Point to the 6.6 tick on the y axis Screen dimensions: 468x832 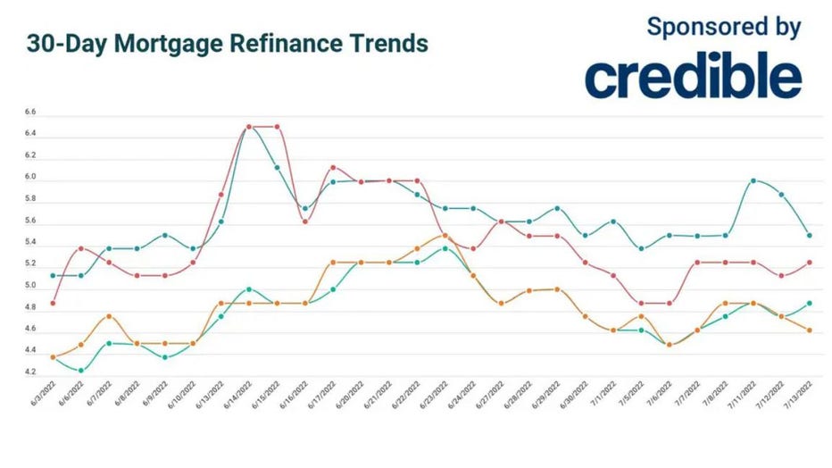pyautogui.click(x=30, y=113)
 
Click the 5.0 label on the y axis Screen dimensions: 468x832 pyautogui.click(x=30, y=286)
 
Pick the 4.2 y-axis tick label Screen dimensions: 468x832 pyautogui.click(x=30, y=372)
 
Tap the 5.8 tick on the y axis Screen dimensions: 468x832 pyautogui.click(x=30, y=199)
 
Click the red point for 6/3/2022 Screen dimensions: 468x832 pyautogui.click(x=53, y=303)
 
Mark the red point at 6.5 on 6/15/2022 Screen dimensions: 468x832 pyautogui.click(x=277, y=127)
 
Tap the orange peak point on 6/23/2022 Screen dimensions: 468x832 pyautogui.click(x=445, y=235)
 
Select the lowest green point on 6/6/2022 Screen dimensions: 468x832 pyautogui.click(x=80, y=370)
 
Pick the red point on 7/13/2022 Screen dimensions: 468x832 pyautogui.click(x=809, y=262)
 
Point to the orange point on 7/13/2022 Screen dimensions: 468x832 pyautogui.click(x=809, y=330)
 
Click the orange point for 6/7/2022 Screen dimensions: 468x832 pyautogui.click(x=108, y=316)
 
